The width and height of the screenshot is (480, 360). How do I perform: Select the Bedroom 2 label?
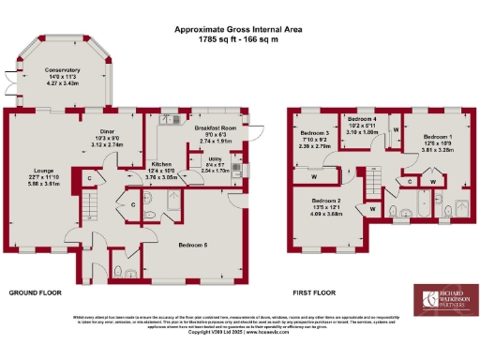pyautogui.click(x=325, y=201)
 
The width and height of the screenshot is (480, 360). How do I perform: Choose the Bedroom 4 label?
pyautogui.click(x=363, y=120)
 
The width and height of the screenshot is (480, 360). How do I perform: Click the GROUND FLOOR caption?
pyautogui.click(x=35, y=292)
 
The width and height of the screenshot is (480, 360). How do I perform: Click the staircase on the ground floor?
pyautogui.click(x=91, y=202)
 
